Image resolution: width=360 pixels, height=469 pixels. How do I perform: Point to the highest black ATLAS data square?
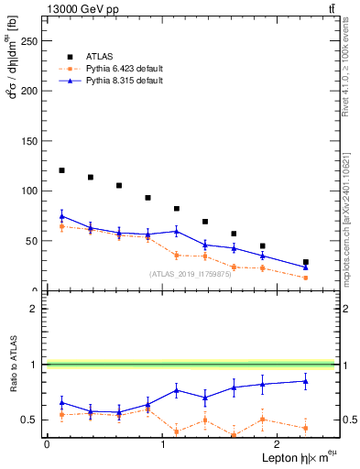point(61,170)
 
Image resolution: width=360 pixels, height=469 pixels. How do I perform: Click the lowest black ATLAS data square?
point(306,262)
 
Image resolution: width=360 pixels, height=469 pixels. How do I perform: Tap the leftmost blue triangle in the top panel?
point(61,216)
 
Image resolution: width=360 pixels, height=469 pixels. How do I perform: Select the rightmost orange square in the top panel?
point(306,278)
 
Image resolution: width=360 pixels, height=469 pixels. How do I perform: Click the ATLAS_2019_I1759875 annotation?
point(189,274)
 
